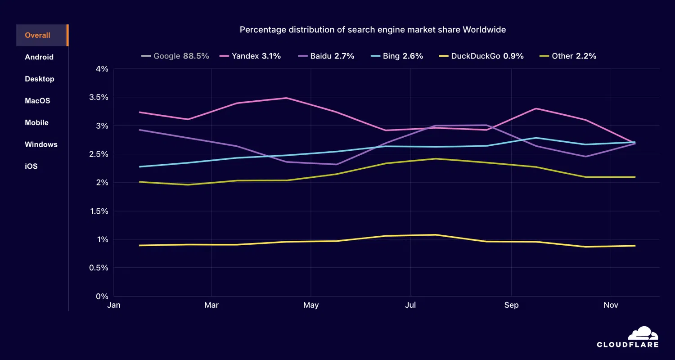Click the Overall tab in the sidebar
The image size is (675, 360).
click(38, 36)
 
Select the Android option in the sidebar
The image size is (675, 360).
click(39, 57)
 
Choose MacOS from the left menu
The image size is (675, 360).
click(37, 101)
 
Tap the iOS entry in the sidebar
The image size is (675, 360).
click(31, 166)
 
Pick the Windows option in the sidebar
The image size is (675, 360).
click(41, 144)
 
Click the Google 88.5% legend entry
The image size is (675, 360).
click(175, 56)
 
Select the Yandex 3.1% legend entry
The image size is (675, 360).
click(251, 56)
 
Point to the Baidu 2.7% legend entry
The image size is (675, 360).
click(327, 56)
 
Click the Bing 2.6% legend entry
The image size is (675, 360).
click(397, 56)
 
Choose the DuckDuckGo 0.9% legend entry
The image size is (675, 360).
click(481, 56)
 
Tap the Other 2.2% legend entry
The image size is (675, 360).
click(568, 56)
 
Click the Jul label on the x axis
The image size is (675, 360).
click(410, 306)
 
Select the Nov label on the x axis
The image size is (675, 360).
click(611, 306)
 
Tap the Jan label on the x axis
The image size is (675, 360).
click(114, 306)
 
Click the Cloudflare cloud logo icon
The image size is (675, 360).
click(643, 333)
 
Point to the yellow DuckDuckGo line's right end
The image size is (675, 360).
click(635, 246)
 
